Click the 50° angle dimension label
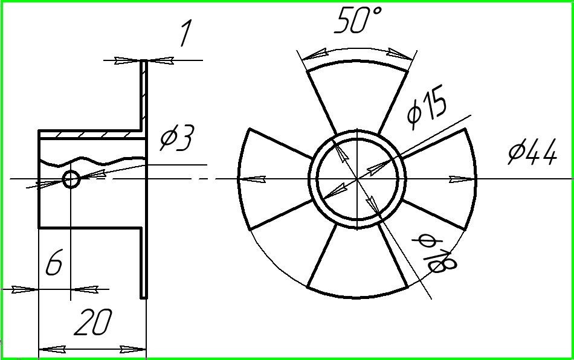358,21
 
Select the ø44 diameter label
533,152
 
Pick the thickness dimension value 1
186,33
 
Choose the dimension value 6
54,262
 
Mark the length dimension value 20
93,322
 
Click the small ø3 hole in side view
71,179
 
